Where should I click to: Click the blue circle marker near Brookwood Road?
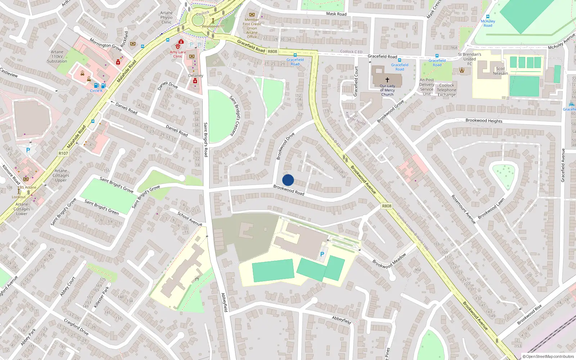(x=288, y=180)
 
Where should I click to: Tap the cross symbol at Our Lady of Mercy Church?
(x=387, y=80)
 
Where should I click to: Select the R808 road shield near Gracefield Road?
(x=273, y=51)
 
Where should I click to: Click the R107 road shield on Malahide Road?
(x=63, y=153)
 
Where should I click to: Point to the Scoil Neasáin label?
(x=500, y=71)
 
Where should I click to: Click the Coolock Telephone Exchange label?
(x=446, y=90)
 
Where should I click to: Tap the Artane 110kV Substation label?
(x=57, y=57)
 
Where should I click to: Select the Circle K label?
(x=96, y=91)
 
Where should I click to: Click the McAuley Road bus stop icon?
(x=488, y=17)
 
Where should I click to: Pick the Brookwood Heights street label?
(x=484, y=121)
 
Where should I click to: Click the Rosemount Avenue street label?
(x=463, y=209)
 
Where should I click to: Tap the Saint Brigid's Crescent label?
(x=237, y=116)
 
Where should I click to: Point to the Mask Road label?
(x=336, y=14)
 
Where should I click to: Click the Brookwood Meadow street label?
(x=389, y=261)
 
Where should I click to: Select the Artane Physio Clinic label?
(x=166, y=17)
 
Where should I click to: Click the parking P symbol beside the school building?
(x=322, y=254)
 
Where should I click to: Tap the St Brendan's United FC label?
(x=469, y=59)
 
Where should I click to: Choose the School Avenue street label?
(x=190, y=219)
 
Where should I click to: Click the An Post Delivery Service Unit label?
(x=427, y=87)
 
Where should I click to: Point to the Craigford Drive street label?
(x=76, y=327)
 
